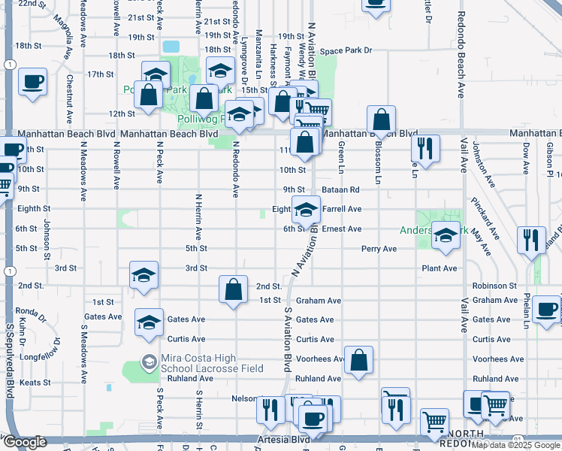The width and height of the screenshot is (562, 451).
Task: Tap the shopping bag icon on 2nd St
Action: point(234,289)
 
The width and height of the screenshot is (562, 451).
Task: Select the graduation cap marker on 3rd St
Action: point(144,275)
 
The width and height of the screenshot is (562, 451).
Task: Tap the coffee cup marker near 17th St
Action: point(33,81)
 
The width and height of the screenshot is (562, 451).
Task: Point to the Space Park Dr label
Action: point(346,51)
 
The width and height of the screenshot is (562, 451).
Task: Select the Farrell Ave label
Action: point(342,209)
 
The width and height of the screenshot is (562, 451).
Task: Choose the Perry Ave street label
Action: point(379,248)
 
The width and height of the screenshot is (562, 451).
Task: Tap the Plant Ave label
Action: point(440,268)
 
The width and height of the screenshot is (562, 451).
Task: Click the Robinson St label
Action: point(494,286)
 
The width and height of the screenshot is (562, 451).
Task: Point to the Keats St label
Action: point(35,382)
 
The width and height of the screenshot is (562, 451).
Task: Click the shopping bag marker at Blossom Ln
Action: point(382,120)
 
